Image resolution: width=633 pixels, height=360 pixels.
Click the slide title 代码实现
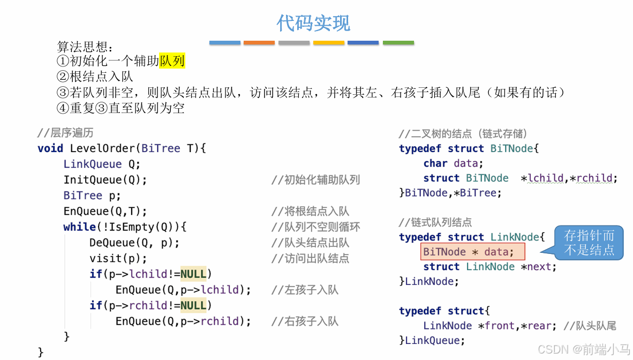[313, 23]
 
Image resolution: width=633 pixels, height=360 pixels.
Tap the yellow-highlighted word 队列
[172, 61]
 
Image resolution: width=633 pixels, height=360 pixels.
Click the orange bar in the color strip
[259, 43]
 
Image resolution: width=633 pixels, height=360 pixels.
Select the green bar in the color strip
[398, 43]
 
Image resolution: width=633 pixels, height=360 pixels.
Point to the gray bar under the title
[294, 43]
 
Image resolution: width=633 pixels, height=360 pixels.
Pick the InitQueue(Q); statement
[105, 179]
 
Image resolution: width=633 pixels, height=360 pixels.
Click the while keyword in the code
[79, 227]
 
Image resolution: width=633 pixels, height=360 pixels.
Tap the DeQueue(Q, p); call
[134, 243]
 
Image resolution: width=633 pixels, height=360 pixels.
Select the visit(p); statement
[118, 258]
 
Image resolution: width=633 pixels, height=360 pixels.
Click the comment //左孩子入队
[305, 290]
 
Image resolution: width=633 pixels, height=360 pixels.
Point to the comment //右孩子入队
[305, 321]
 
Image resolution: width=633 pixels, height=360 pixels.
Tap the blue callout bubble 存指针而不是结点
[589, 243]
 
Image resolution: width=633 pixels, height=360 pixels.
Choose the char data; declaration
[453, 163]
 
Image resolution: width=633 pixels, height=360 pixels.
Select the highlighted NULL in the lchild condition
[193, 274]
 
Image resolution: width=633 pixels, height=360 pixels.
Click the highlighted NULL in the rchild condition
[193, 305]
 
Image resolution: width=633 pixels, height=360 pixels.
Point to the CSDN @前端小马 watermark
[584, 350]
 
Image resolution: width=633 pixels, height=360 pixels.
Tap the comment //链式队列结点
[435, 222]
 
